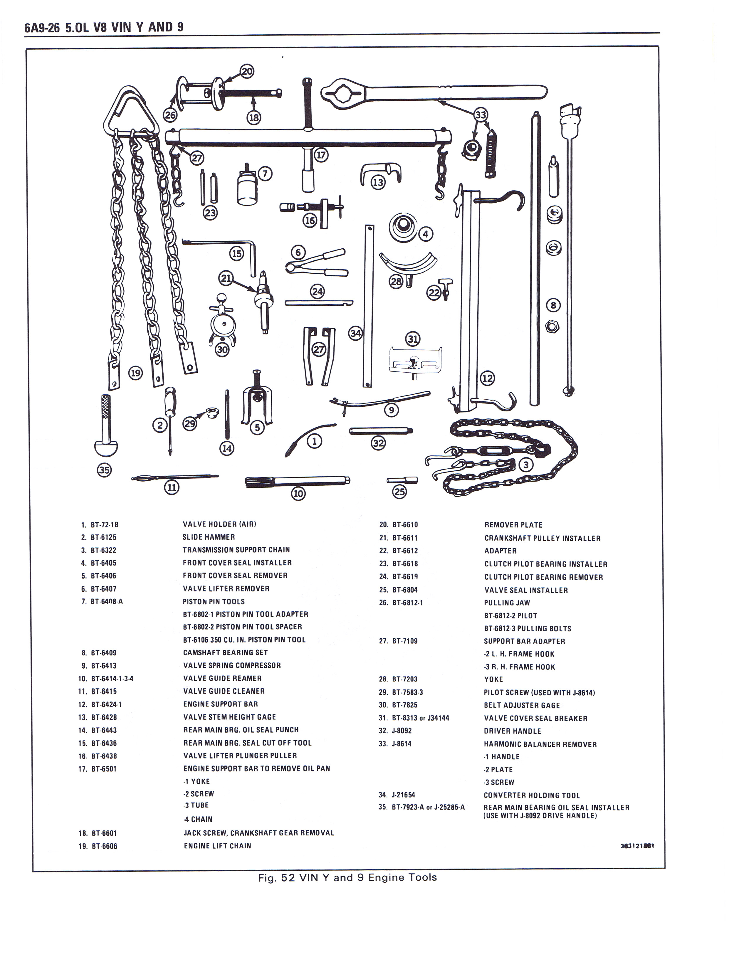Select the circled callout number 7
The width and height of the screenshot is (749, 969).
265,174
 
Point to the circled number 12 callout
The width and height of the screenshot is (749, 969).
487,378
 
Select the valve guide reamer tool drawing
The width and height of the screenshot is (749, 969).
297,481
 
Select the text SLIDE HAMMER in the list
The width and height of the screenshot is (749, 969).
209,537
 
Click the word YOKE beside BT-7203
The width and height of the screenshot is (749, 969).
493,679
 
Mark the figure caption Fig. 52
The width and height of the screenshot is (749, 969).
347,877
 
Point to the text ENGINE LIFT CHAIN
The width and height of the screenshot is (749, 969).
217,846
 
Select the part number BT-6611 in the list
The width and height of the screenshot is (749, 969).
405,538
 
